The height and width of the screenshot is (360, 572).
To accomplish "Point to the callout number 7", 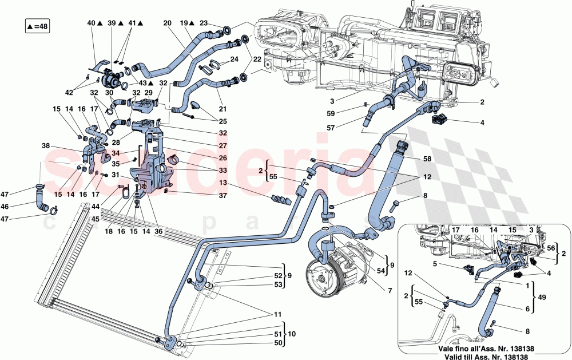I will pyautogui.click(x=390, y=291).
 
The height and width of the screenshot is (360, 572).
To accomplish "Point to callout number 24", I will pyautogui.click(x=235, y=59).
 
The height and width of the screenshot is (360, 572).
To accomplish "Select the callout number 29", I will pyautogui.click(x=148, y=92).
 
